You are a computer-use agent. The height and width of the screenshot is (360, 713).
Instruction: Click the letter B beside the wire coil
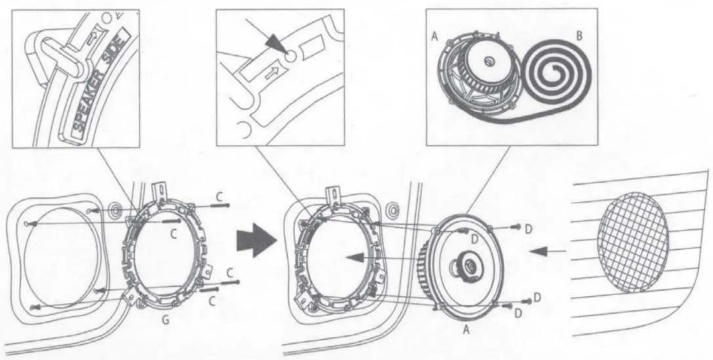(579, 35)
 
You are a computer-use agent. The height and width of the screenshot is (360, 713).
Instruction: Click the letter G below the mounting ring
(165, 320)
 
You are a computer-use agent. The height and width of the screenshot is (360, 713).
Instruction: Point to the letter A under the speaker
(466, 330)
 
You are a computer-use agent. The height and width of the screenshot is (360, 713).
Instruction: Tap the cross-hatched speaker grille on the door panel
(632, 243)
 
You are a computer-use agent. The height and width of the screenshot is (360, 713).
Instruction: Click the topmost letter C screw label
(219, 197)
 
